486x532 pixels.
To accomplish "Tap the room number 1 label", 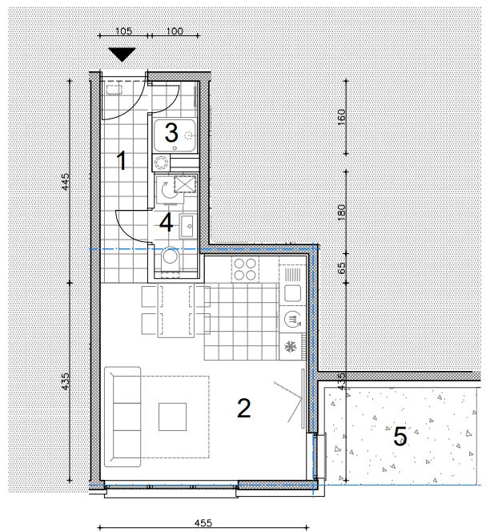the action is (x=122, y=161).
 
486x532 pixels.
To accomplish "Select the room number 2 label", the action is (x=244, y=408).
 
